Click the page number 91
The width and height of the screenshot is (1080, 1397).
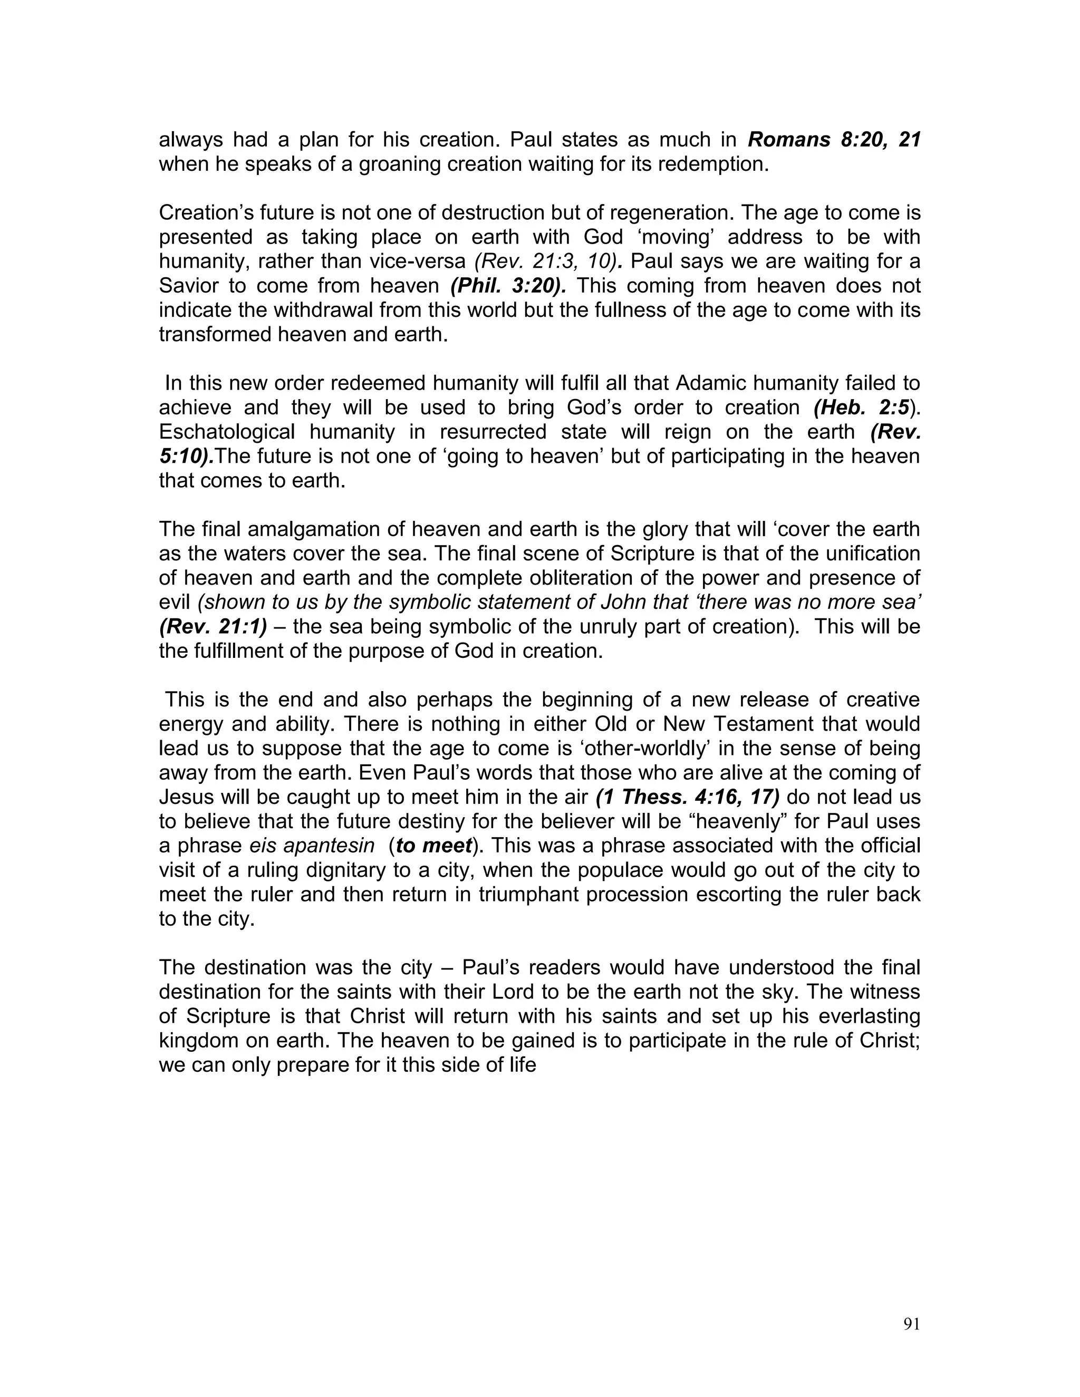pyautogui.click(x=911, y=1324)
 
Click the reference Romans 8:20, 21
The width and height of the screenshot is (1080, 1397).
pyautogui.click(x=834, y=140)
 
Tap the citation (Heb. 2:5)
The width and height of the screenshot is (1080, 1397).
pyautogui.click(x=862, y=408)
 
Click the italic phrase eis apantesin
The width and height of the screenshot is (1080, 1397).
pyautogui.click(x=312, y=846)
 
